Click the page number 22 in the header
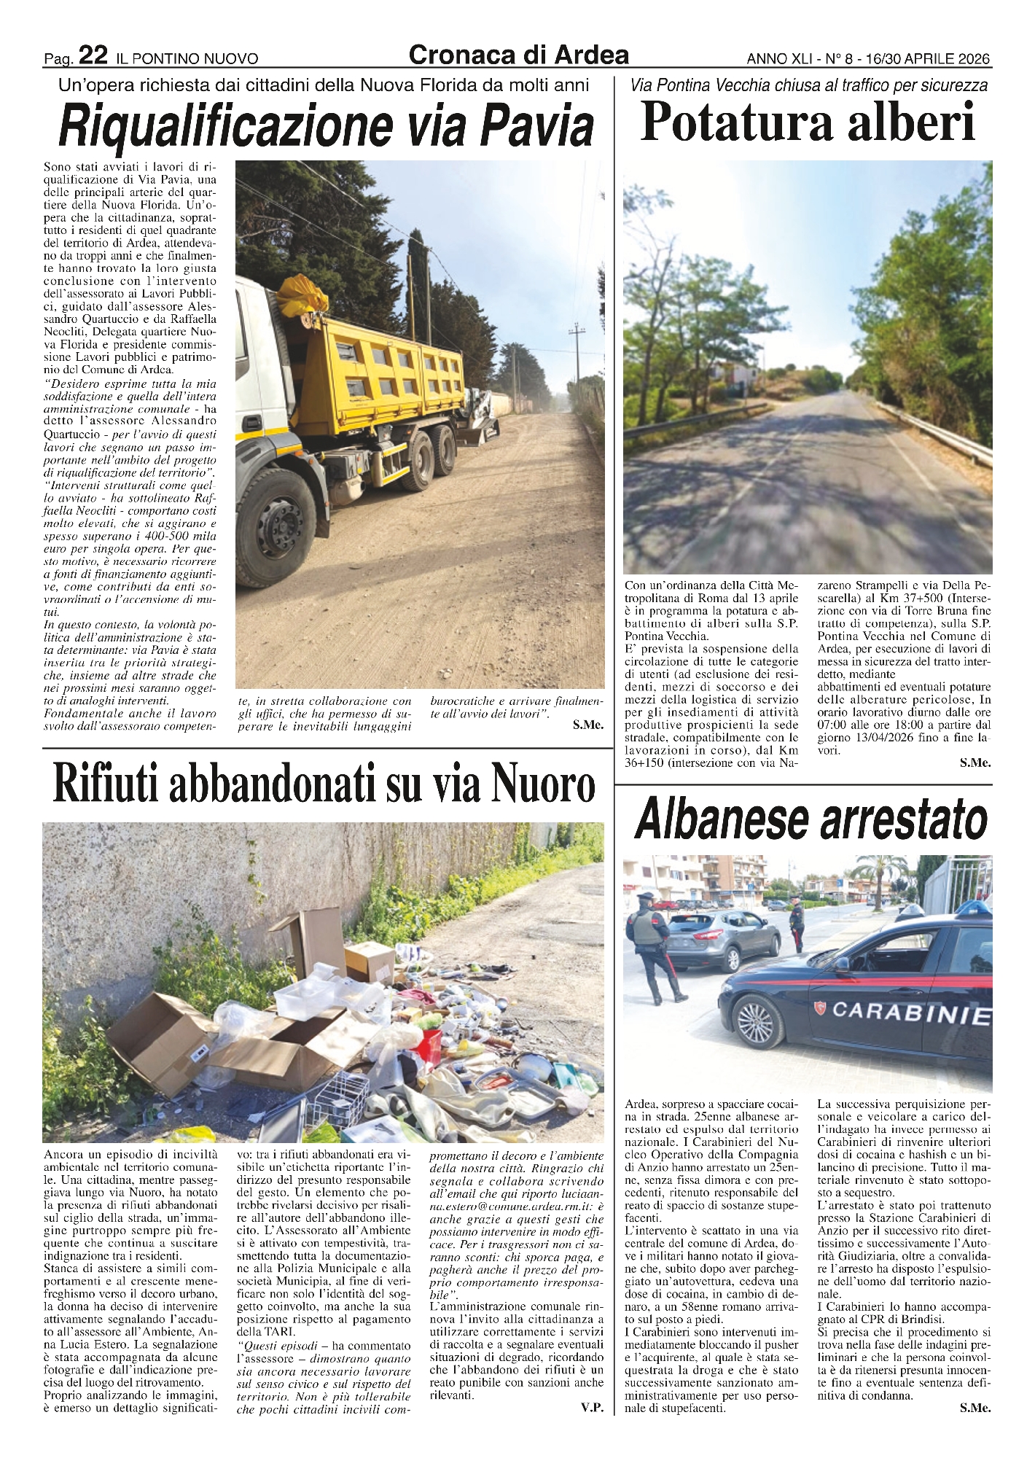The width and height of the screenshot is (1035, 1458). (93, 55)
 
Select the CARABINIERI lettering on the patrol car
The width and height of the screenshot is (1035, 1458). (910, 1012)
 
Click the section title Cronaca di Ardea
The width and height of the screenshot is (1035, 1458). (518, 55)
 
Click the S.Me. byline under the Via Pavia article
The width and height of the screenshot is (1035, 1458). (588, 725)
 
